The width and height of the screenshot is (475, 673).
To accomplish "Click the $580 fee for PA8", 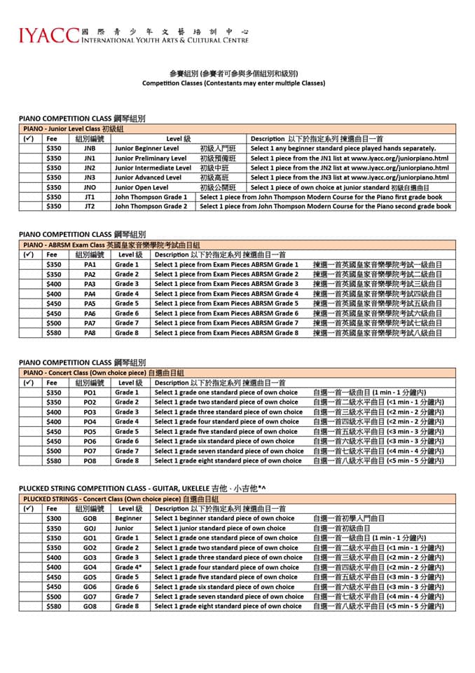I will pyautogui.click(x=53, y=333).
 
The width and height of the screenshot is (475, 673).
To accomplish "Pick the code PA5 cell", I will pyautogui.click(x=90, y=304).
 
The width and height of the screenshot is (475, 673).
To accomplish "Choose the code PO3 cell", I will pyautogui.click(x=90, y=412).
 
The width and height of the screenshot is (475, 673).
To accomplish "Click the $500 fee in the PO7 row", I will pyautogui.click(x=53, y=451).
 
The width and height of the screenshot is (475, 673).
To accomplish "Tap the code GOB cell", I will pyautogui.click(x=90, y=518).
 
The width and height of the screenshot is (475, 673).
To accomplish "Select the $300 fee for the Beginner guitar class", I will pyautogui.click(x=53, y=518).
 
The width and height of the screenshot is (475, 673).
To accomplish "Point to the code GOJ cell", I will pyautogui.click(x=90, y=528).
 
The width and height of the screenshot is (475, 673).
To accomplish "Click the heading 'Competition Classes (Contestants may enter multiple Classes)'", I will pyautogui.click(x=233, y=83).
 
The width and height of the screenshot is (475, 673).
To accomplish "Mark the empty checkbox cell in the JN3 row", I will pyautogui.click(x=29, y=178).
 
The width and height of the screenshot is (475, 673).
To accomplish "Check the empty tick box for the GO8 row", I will pyautogui.click(x=29, y=606).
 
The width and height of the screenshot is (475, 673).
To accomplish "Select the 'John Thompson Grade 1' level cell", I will pyautogui.click(x=151, y=197).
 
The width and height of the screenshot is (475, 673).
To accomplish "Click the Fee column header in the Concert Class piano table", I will pyautogui.click(x=53, y=383).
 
